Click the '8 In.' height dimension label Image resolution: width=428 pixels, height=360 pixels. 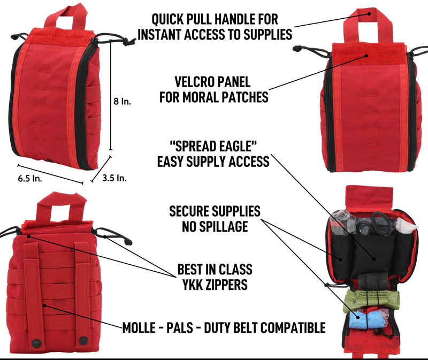click(123, 102)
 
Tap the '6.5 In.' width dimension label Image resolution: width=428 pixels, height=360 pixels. click(30, 179)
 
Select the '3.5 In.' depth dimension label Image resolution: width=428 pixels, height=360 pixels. click(114, 178)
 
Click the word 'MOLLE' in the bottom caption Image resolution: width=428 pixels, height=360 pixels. click(139, 327)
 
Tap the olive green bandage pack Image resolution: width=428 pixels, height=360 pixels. click(371, 300)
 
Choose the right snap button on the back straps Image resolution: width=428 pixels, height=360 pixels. click(83, 341)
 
